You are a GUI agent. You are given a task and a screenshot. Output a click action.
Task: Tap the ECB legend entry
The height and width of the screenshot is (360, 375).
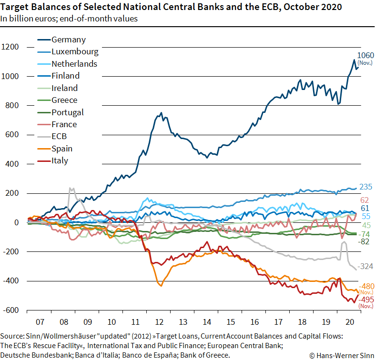point(60,136)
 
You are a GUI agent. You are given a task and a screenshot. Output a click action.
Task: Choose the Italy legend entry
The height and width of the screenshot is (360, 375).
point(60,160)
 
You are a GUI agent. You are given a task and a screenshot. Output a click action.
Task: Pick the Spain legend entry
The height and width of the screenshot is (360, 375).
point(62,149)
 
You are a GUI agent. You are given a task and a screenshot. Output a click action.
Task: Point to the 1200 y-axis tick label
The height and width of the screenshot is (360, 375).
point(10,47)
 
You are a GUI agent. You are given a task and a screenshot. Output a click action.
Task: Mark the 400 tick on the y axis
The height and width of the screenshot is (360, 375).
point(12,164)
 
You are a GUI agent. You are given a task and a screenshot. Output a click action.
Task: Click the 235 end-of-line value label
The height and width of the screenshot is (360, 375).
point(365,187)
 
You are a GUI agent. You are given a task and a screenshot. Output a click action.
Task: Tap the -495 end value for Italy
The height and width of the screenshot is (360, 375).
point(366,300)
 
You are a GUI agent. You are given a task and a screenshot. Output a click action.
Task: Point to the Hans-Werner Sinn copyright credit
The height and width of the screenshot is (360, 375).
point(342,355)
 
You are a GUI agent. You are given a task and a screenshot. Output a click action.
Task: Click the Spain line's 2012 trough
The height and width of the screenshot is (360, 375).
point(161,285)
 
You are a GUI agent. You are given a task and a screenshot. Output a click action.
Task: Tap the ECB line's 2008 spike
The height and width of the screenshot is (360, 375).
point(71,188)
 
